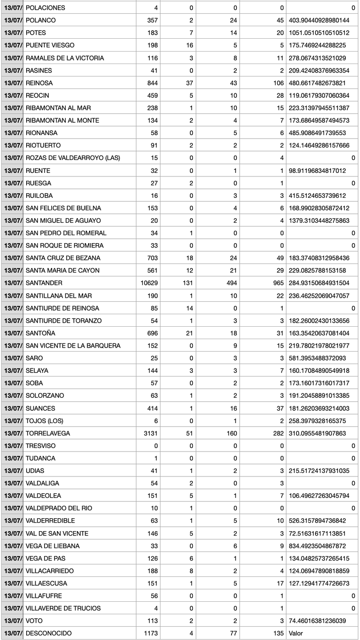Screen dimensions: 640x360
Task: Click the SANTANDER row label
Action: [44, 283]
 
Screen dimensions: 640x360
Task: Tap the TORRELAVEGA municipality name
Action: [48, 433]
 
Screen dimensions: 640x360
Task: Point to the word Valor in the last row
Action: [296, 633]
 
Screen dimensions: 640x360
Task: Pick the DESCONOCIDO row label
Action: [48, 633]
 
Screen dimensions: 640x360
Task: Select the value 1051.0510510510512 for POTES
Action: [319, 33]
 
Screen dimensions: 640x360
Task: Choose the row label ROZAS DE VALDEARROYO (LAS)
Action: [73, 158]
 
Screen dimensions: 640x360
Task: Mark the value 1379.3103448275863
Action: [319, 220]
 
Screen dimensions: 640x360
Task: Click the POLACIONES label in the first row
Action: [45, 8]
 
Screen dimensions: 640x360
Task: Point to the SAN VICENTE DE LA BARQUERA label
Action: [73, 346]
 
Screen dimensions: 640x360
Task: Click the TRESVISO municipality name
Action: [41, 446]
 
